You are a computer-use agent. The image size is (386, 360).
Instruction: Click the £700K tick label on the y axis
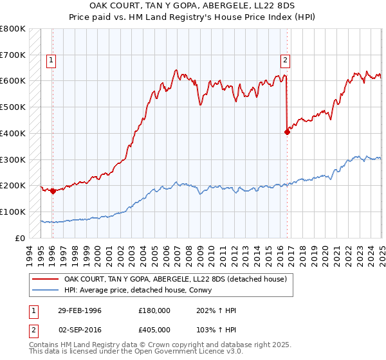tap(13, 55)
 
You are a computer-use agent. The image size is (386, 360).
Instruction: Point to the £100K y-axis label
tap(13, 212)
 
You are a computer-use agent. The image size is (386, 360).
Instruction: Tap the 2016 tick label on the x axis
tap(281, 251)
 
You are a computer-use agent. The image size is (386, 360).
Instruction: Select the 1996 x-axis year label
tap(51, 251)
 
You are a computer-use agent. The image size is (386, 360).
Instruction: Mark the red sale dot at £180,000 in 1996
tap(52, 191)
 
